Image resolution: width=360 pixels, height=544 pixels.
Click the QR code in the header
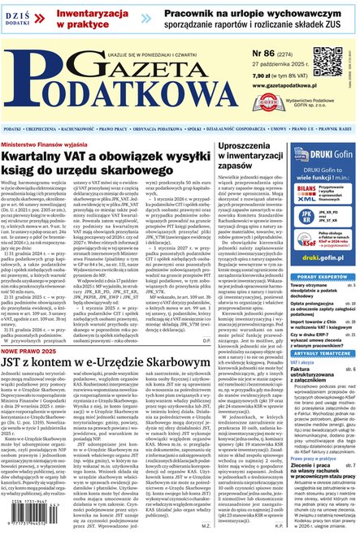point(329,62)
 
